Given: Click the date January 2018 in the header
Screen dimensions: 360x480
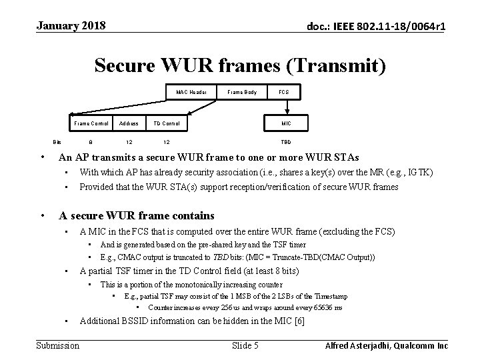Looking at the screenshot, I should point(71,26).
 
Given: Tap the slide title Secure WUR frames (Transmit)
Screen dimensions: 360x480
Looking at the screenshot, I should point(240,65).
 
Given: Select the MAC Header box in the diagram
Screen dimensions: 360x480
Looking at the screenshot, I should point(191,91).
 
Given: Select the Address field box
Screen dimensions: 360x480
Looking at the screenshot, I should point(129,123).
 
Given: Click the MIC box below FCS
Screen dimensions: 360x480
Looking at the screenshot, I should point(286,123).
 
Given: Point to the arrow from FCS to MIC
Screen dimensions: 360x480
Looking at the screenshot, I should point(286,107).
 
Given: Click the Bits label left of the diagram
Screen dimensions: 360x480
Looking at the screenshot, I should point(57,142).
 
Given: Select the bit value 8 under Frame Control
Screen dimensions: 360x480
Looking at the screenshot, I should point(91,142).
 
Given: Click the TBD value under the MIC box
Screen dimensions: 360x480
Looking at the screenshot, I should point(286,142).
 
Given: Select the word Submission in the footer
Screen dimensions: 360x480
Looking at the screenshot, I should point(57,345).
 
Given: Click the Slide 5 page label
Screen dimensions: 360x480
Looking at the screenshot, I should point(245,345).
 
